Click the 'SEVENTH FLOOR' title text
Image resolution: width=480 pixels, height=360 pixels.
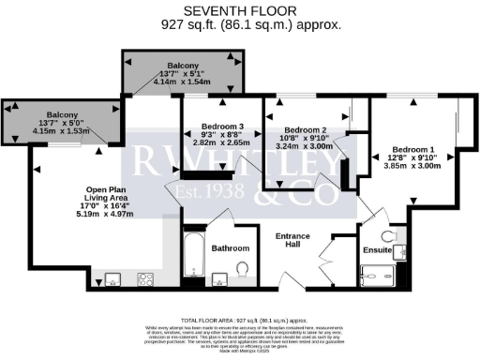tap(239, 10)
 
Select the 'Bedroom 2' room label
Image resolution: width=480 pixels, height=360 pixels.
tap(305, 129)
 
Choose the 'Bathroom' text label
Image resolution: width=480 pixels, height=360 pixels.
tap(231, 248)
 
